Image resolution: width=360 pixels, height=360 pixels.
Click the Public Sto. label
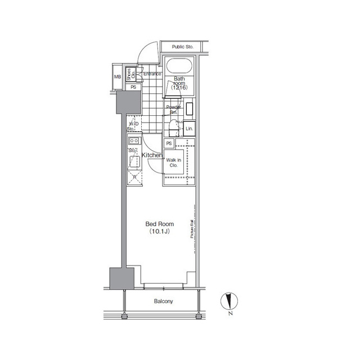(182, 47)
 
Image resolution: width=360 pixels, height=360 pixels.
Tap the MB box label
(118, 77)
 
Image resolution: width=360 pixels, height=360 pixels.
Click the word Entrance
(152, 74)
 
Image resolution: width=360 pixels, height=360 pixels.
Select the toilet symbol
(175, 128)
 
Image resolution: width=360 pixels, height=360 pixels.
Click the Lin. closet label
(190, 129)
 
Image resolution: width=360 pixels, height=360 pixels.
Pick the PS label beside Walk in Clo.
(169, 144)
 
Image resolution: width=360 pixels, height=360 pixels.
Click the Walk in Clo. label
(174, 163)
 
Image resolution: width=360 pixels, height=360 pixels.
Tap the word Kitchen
(152, 155)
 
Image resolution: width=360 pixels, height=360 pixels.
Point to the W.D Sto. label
(133, 126)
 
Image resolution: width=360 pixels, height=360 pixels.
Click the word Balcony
(164, 301)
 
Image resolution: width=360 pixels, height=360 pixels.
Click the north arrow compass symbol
(229, 302)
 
